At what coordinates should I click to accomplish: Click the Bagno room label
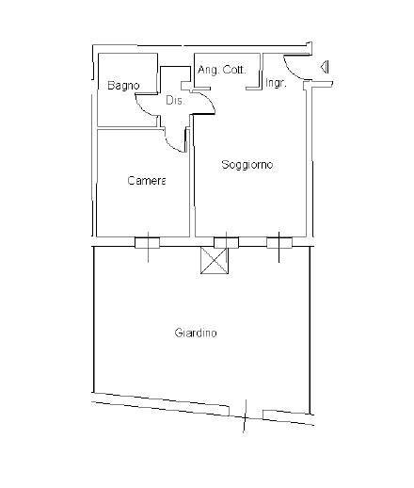coord(123,86)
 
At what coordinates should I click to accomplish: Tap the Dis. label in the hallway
coord(173,100)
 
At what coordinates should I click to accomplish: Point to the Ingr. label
coord(276,84)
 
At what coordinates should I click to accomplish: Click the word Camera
coord(147,180)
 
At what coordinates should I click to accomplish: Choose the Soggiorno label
coord(247,165)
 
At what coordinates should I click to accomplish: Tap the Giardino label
coord(196,333)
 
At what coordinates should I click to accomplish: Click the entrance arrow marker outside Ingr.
coord(324,67)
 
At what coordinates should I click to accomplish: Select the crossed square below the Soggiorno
coord(215,261)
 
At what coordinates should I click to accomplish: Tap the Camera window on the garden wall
coord(147,242)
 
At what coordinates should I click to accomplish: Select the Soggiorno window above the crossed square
coord(227,242)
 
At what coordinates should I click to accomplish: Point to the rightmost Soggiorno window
coord(279,242)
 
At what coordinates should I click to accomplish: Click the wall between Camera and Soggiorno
coord(192,188)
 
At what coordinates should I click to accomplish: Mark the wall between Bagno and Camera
coord(127,126)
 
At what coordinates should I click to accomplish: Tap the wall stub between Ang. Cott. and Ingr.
coord(254,89)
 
